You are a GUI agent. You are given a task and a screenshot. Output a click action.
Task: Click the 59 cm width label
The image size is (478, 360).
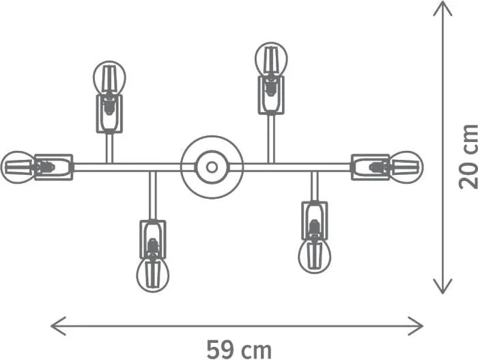[239, 350]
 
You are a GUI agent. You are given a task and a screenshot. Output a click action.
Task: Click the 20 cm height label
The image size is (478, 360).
[468, 156]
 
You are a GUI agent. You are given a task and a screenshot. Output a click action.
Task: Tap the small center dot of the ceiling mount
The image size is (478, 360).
[212, 167]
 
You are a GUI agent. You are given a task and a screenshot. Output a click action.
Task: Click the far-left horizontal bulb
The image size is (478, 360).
[18, 167]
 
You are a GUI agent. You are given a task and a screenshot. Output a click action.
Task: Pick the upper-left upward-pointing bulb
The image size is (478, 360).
[109, 78]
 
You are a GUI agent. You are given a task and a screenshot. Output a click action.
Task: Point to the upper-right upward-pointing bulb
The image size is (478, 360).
[271, 59]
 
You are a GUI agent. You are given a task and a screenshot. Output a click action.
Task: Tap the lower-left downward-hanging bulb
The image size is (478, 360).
[153, 275]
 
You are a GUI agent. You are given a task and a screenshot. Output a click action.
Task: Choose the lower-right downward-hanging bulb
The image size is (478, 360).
[314, 255]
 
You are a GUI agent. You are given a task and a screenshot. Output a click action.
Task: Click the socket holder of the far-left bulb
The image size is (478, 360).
[54, 167]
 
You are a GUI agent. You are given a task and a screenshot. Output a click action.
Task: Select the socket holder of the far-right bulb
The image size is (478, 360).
[370, 167]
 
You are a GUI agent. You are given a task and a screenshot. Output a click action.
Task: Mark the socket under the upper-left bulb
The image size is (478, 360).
[109, 114]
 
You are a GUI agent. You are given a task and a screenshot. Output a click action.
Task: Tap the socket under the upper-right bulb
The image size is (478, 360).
[271, 95]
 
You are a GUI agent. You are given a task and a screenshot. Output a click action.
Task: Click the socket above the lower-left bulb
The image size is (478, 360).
[153, 239]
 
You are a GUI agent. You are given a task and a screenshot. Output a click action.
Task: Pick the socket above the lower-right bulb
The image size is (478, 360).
[314, 220]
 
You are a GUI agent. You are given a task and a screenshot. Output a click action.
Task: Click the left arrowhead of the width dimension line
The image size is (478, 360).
[58, 326]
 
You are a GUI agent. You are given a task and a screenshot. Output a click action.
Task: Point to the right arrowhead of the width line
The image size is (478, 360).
[416, 326]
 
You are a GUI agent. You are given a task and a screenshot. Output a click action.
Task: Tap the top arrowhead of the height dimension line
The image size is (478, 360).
[442, 8]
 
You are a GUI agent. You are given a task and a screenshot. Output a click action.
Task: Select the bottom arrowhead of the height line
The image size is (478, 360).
[442, 286]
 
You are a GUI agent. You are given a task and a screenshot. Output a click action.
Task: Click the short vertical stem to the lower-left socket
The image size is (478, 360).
[153, 195]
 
